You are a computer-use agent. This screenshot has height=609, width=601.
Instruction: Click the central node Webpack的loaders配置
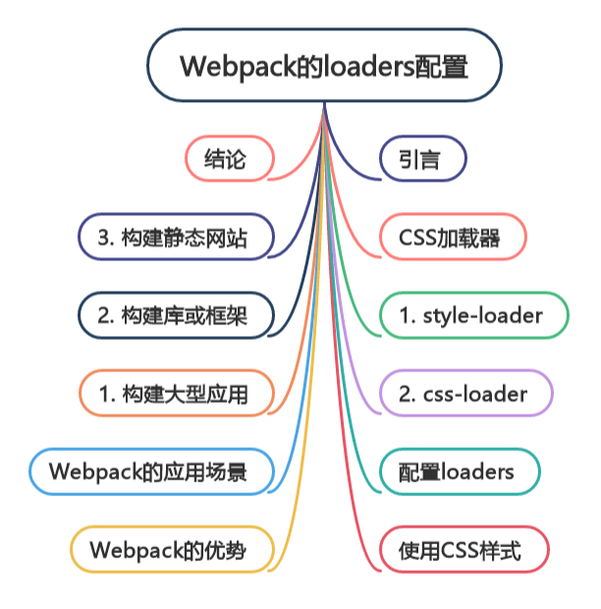tap(324, 67)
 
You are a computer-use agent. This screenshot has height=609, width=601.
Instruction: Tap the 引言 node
tap(421, 158)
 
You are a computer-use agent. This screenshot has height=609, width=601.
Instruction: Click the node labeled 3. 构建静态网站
tap(175, 237)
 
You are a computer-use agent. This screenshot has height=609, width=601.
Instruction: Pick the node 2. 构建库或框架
tap(175, 315)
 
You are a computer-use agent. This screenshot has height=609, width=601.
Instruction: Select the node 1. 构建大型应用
tap(175, 394)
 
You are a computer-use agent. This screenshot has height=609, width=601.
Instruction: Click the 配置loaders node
tap(457, 472)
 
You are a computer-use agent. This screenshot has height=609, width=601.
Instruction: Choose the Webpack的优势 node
tap(167, 550)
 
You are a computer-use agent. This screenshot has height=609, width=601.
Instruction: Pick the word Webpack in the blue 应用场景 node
tap(94, 472)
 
